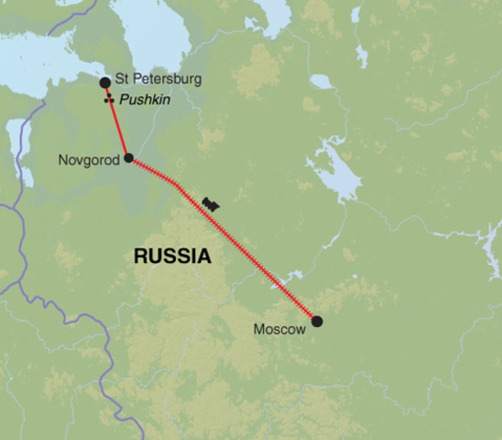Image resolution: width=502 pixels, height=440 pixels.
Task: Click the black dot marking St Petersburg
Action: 105,82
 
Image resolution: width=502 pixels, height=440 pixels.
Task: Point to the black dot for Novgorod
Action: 128,158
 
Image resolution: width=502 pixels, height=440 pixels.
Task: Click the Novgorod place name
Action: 90,160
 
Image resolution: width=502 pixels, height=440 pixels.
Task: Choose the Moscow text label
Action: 282,327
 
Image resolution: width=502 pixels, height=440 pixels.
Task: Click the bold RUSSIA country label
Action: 172,257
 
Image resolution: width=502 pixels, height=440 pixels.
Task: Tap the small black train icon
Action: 213,203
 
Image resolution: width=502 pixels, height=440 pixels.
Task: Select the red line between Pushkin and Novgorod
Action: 119,128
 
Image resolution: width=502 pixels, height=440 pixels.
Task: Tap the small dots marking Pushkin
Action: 109,99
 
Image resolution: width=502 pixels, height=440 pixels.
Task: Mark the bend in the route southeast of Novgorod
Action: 176,184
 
